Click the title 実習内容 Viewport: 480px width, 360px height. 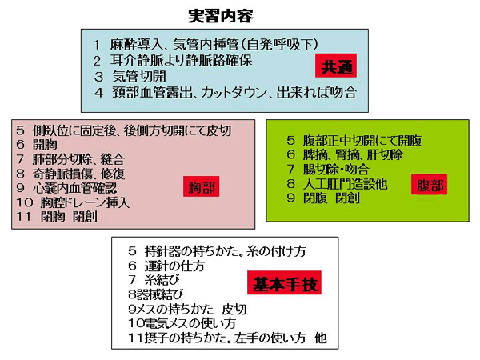pos(221,16)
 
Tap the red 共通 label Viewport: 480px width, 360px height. pos(336,66)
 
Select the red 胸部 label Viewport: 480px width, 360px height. pos(201,186)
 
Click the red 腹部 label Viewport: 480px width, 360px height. pos(429,185)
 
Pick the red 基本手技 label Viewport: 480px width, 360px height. pos(284,282)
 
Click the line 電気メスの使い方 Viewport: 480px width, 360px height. pos(182,323)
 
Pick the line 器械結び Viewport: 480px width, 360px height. pos(156,294)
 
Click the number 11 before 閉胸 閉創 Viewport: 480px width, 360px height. pos(24,217)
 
